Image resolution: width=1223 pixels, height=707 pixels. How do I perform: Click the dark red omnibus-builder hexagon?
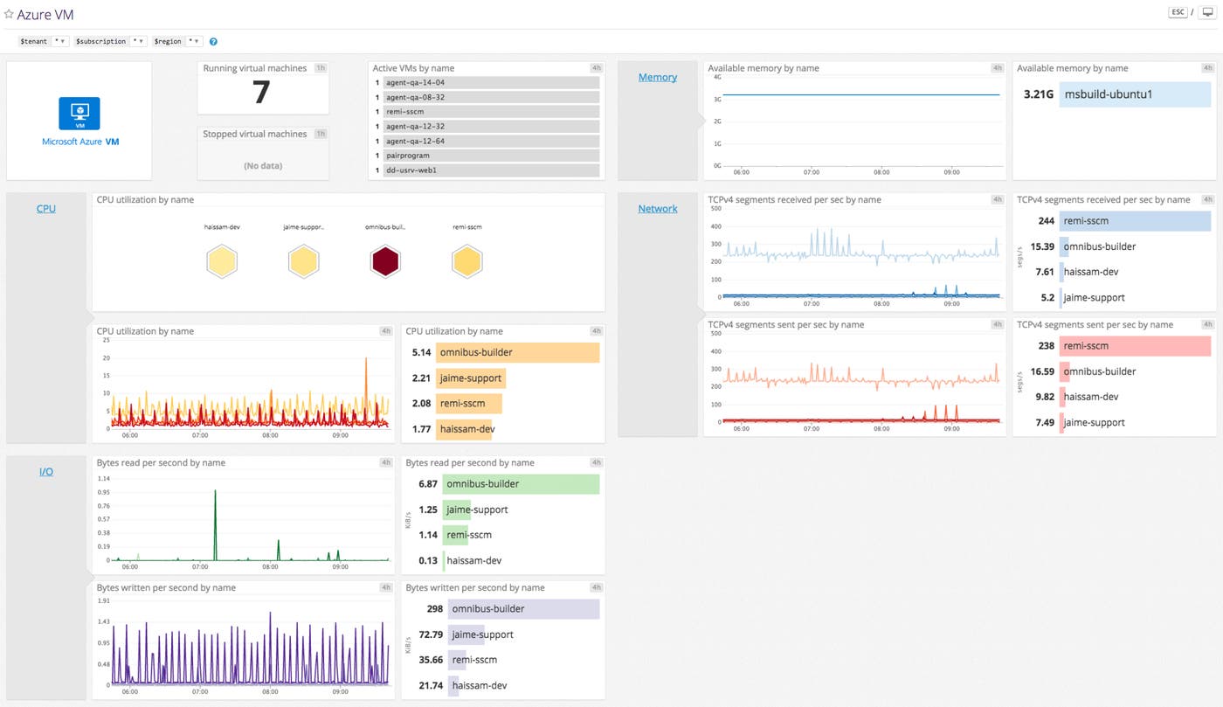[x=385, y=261]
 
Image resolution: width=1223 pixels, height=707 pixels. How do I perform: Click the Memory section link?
[x=657, y=77]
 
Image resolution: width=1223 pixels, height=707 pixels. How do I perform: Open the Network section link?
[x=657, y=209]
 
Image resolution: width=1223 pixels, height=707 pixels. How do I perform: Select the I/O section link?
[x=46, y=472]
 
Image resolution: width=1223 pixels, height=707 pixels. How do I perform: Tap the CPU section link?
[x=46, y=209]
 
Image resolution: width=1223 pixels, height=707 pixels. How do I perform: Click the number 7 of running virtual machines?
[x=261, y=93]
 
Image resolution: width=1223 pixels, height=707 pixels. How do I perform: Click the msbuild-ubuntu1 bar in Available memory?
[x=1134, y=94]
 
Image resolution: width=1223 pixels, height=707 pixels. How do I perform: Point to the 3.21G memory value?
[x=1038, y=94]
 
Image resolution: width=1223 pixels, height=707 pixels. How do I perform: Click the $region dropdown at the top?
[x=194, y=41]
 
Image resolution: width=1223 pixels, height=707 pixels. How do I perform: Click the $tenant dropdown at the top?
[x=60, y=41]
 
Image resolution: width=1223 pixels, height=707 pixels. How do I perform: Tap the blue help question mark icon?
[x=214, y=41]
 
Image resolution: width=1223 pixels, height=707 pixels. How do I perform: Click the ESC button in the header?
[x=1178, y=12]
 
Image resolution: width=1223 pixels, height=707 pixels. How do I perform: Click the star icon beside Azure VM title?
[x=9, y=14]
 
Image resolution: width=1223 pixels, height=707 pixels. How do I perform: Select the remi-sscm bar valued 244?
[x=1134, y=221]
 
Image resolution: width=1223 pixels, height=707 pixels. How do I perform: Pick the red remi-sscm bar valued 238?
[x=1134, y=346]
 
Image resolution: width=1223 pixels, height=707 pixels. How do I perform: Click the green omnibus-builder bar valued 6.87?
[x=519, y=484]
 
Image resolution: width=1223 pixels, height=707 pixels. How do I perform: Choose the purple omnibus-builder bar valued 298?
[x=522, y=609]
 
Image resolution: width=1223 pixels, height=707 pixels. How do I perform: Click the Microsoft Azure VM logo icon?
[x=79, y=114]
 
